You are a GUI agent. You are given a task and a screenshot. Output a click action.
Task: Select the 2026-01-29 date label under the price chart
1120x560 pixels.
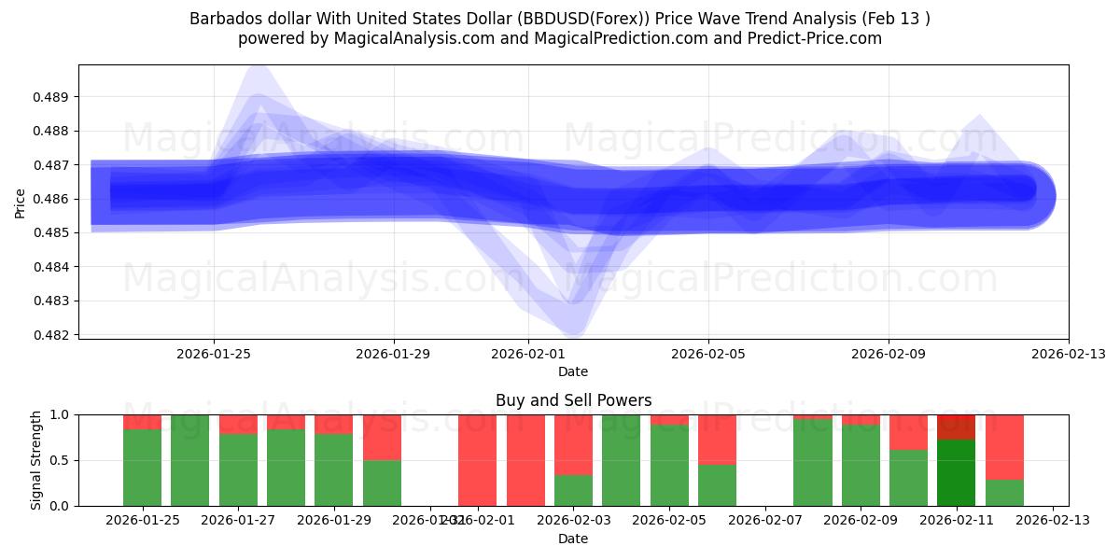(393, 354)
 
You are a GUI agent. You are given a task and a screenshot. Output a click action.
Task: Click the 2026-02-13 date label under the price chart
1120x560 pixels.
(1068, 354)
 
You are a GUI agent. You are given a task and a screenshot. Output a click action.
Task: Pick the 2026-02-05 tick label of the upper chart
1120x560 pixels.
(707, 354)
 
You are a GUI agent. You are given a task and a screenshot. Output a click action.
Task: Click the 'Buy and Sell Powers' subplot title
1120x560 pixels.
(573, 400)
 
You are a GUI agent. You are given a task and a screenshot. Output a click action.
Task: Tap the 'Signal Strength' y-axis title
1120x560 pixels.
(36, 460)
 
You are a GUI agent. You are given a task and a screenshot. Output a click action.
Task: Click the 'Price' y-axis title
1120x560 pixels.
(21, 202)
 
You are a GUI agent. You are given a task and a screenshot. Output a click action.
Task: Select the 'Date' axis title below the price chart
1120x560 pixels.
(573, 371)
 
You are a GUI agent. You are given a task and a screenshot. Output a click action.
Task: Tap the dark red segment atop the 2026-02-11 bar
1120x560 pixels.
(956, 427)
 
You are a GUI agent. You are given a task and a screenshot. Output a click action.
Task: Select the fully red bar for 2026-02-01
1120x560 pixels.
(477, 460)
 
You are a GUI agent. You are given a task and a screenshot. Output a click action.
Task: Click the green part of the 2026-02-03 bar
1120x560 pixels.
(573, 490)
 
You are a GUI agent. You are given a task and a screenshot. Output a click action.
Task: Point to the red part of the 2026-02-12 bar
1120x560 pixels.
(1004, 446)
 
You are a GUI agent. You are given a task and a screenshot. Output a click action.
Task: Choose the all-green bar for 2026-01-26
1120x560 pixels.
(189, 460)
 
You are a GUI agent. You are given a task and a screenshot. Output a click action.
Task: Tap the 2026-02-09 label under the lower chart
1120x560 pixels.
(860, 520)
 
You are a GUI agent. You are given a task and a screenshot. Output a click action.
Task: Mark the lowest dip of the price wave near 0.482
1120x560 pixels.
(573, 327)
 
